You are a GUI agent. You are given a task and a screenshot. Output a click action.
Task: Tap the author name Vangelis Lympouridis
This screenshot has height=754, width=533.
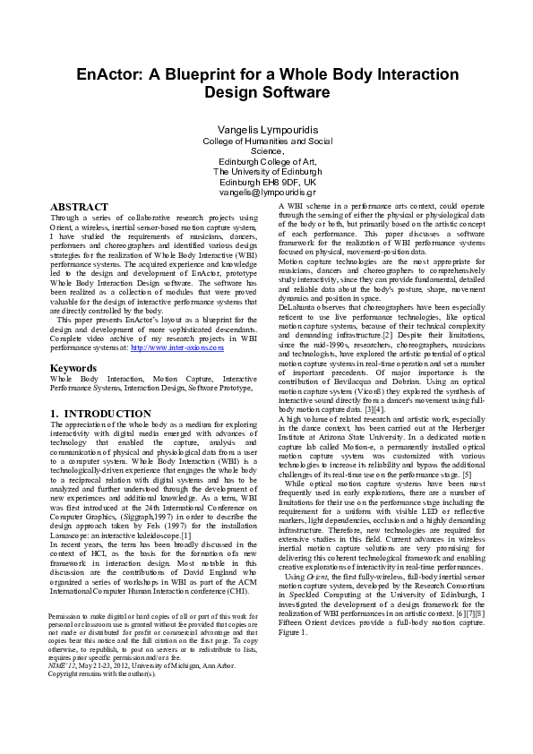click(x=267, y=130)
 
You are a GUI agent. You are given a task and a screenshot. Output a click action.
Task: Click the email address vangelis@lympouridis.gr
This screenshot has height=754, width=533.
click(x=267, y=192)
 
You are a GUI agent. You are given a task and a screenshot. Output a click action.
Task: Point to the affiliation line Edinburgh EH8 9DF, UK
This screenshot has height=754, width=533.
click(x=267, y=182)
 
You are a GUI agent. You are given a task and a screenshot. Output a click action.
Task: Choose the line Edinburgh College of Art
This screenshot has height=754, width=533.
click(x=267, y=161)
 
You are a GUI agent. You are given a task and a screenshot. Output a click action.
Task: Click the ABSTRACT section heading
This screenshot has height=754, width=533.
click(x=79, y=207)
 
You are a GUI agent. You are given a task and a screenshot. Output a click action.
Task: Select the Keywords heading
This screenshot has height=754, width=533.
click(x=73, y=368)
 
